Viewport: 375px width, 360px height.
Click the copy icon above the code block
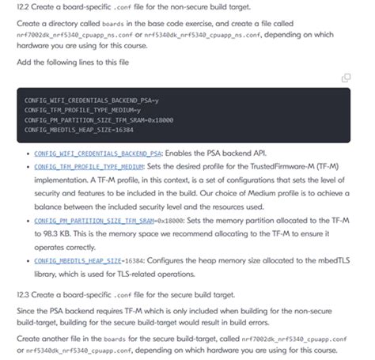click(346, 78)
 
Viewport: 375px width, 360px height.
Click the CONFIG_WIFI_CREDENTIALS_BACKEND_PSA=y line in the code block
click(92, 100)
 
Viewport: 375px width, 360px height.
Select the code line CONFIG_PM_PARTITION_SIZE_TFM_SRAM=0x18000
click(98, 119)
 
